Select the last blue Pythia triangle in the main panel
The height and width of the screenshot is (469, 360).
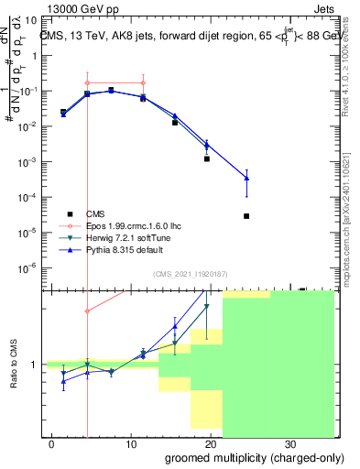pos(246,178)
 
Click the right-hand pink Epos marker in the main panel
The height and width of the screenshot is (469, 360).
pos(143,83)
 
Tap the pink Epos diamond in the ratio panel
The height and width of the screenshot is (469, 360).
pos(87,311)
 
